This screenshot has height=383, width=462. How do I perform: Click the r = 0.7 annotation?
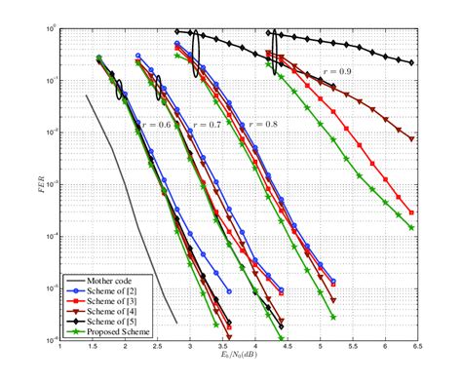[x=206, y=126]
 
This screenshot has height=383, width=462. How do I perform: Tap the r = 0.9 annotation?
[x=326, y=72]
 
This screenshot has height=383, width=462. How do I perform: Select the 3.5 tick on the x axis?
[x=223, y=347]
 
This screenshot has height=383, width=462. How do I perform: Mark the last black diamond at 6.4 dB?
[x=411, y=63]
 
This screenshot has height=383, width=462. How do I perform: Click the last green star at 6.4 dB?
[x=411, y=227]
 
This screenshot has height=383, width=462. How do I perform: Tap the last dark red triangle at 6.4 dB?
[x=411, y=139]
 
